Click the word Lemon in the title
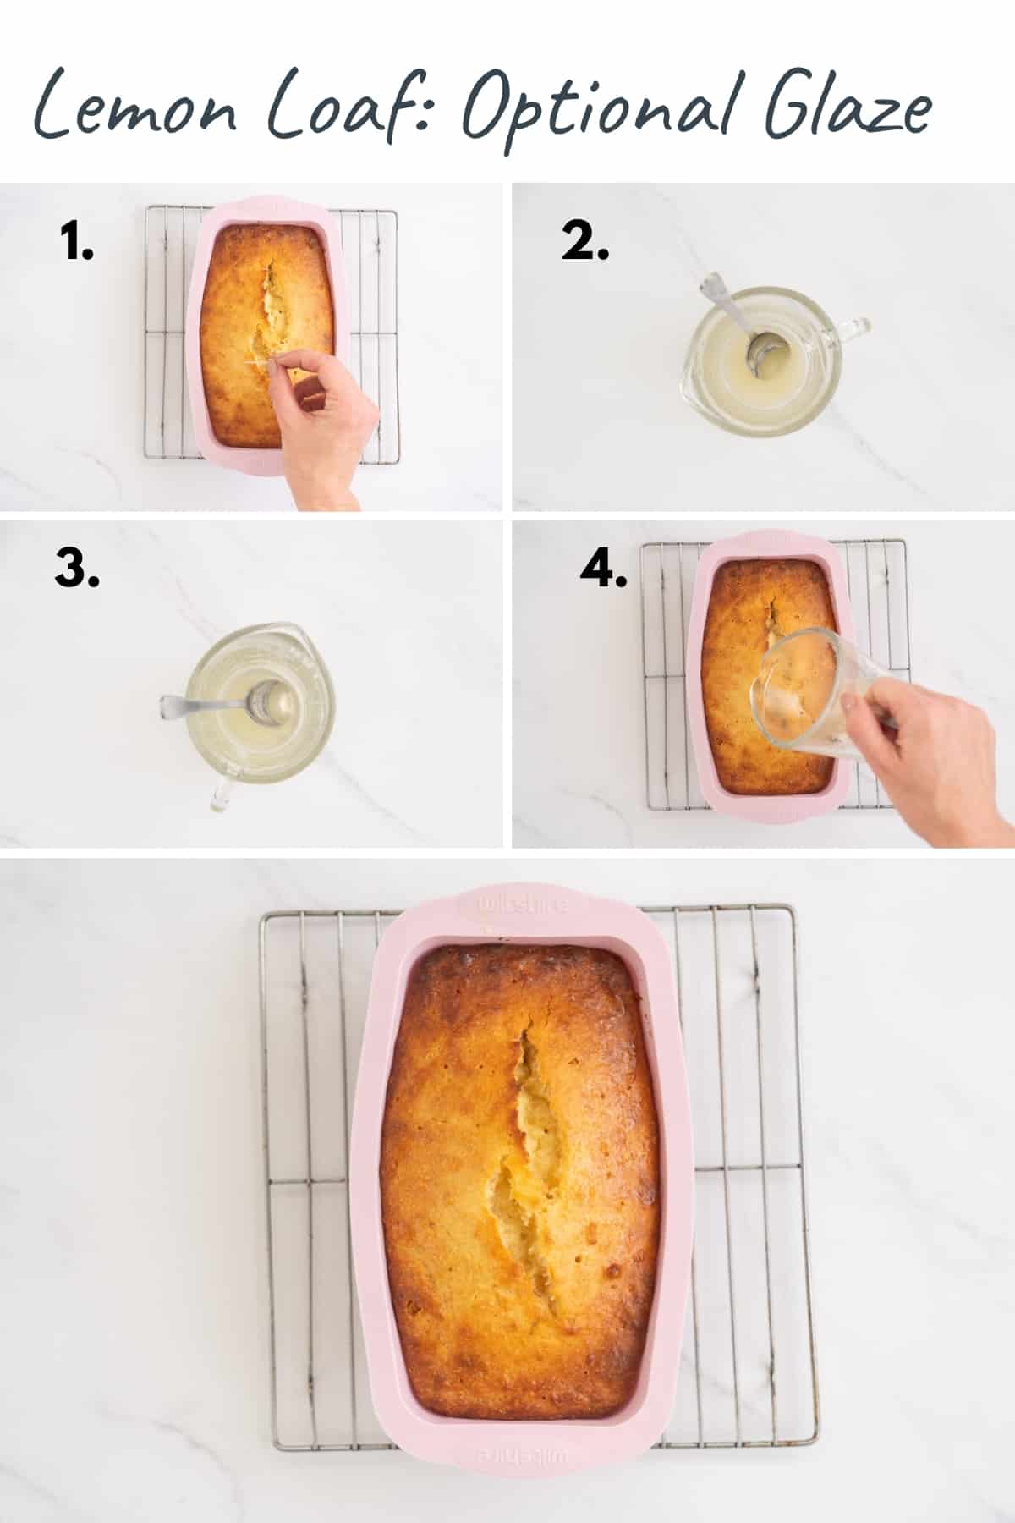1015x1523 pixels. click(135, 110)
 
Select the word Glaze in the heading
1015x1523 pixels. click(846, 108)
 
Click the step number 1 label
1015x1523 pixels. click(77, 243)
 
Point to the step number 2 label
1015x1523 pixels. click(584, 243)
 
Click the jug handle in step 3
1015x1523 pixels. click(222, 791)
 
